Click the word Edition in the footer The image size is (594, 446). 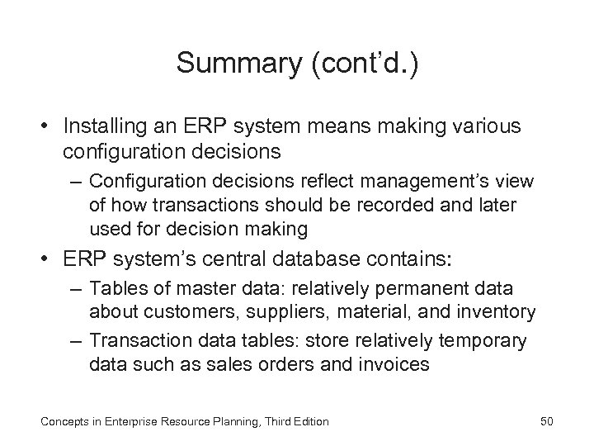[309, 422]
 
